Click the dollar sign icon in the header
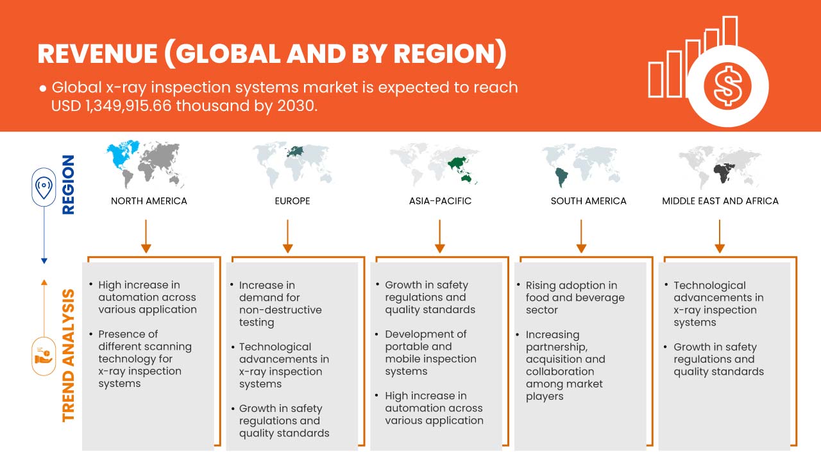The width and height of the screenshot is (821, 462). pyautogui.click(x=727, y=87)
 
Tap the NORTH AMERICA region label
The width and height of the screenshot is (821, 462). pyautogui.click(x=149, y=201)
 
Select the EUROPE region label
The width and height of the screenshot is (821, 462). pyautogui.click(x=292, y=201)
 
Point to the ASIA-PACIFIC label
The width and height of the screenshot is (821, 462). pyautogui.click(x=440, y=201)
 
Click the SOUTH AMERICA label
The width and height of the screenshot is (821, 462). pyautogui.click(x=588, y=201)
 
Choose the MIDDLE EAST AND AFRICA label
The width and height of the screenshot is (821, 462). pyautogui.click(x=720, y=201)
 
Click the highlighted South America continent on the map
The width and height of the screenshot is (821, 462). pyautogui.click(x=561, y=178)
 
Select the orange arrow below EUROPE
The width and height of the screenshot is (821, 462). pyautogui.click(x=288, y=236)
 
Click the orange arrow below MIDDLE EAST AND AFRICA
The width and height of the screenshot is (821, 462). pyautogui.click(x=720, y=236)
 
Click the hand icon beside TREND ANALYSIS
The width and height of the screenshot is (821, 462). pyautogui.click(x=43, y=355)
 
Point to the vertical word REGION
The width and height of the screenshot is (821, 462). pyautogui.click(x=68, y=184)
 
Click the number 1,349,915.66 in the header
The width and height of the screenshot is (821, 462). pyautogui.click(x=128, y=106)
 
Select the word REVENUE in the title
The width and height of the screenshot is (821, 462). pyautogui.click(x=97, y=53)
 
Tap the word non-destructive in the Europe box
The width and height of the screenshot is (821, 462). pyautogui.click(x=280, y=310)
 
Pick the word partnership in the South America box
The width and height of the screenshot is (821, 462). pyautogui.click(x=556, y=348)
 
